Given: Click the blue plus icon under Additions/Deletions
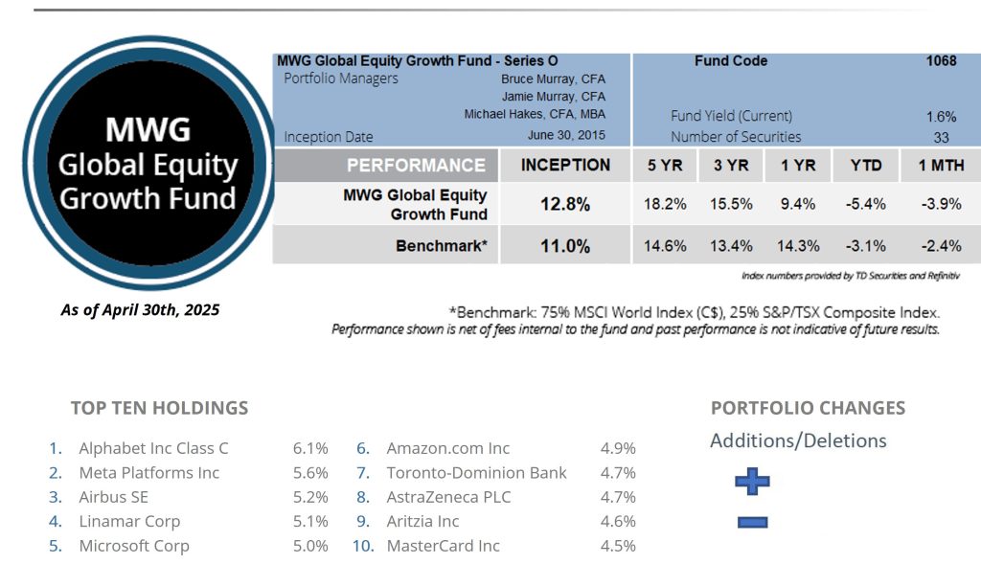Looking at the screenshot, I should pos(752,482).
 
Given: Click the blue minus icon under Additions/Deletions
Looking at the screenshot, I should pos(752,523).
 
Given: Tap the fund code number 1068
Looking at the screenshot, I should pos(940,61).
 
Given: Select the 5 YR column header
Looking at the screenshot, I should pos(665,166).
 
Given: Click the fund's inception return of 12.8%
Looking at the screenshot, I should pos(565,204).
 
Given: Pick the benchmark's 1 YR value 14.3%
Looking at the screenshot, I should pos(798,246).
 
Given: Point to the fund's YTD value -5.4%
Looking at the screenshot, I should pos(866,204).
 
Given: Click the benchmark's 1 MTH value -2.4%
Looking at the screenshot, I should pos(941,246).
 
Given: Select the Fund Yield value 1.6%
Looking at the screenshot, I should pos(941,117).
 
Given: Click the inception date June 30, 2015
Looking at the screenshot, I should pos(566,136).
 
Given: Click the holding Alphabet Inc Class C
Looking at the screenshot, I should pos(153,448).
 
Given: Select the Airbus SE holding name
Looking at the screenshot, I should pos(113,497).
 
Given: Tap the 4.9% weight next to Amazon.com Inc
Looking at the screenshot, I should pos(618,448).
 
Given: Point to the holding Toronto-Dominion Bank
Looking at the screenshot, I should pos(476,473).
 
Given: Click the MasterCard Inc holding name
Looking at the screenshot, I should pos(443,546).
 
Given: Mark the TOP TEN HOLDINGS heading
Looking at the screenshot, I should pos(159,408).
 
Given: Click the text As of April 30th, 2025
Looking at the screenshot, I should pos(140,310).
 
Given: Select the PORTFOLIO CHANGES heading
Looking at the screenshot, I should pos(808,408).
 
